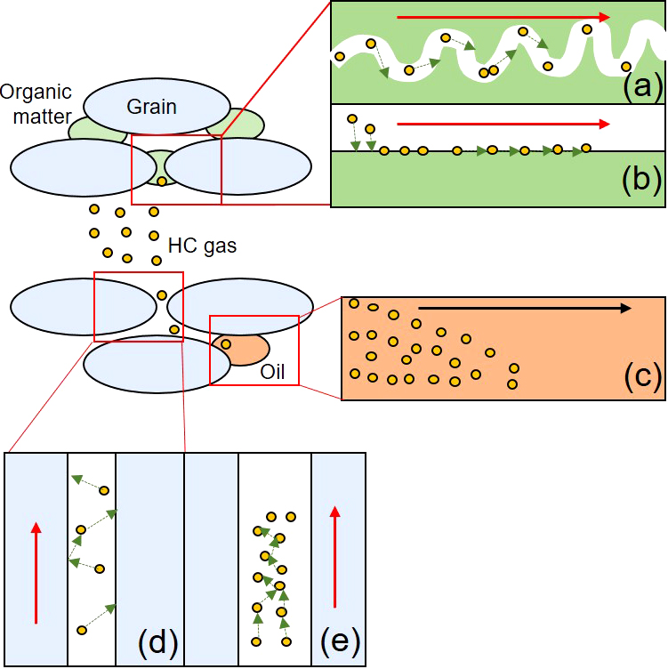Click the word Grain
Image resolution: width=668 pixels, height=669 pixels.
(x=151, y=107)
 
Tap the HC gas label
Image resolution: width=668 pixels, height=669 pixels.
(x=202, y=246)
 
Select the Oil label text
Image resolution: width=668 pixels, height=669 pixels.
(x=272, y=372)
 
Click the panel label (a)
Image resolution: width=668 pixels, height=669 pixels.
(x=642, y=85)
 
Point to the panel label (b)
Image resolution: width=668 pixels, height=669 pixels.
(x=642, y=180)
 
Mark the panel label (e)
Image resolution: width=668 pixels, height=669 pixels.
(x=340, y=640)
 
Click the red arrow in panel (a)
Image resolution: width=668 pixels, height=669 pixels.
(x=503, y=17)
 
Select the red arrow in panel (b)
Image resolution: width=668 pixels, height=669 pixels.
(x=503, y=125)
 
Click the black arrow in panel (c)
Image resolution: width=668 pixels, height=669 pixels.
(x=525, y=308)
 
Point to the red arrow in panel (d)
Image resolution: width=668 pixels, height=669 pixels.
(x=36, y=573)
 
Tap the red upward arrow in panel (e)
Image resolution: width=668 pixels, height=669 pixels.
(x=334, y=556)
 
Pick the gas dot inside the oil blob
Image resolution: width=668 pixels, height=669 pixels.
(x=226, y=344)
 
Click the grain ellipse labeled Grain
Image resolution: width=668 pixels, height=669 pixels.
(x=157, y=106)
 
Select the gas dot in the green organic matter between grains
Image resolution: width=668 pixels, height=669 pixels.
(x=162, y=181)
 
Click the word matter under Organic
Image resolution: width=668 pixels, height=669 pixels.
(x=42, y=117)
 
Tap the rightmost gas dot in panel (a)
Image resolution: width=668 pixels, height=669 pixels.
(x=626, y=67)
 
